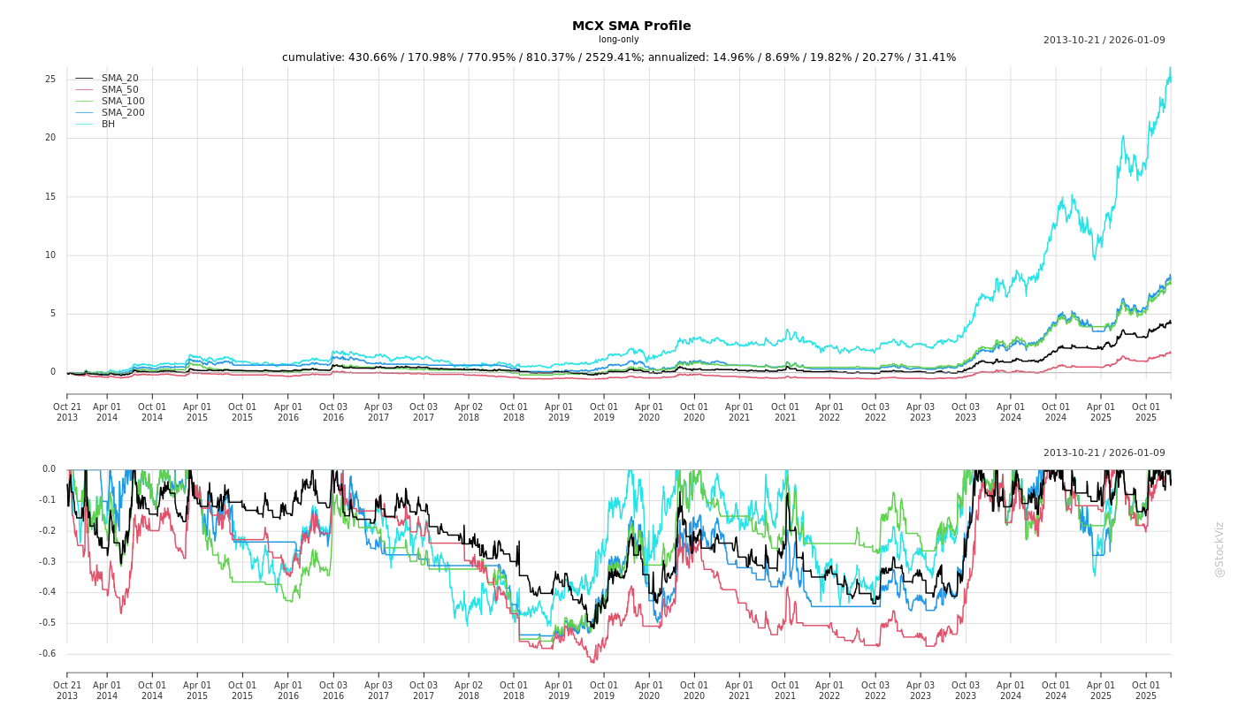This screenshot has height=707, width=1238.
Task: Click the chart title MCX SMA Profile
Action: tap(631, 26)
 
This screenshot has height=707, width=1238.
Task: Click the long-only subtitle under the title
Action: tap(618, 40)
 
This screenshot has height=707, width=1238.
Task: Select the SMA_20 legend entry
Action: tap(119, 79)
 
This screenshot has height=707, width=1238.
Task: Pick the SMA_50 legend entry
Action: tap(119, 90)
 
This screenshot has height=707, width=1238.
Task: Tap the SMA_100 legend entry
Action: tap(122, 102)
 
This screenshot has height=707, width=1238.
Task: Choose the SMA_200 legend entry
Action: tap(122, 113)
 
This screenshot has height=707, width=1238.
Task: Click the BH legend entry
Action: tap(108, 125)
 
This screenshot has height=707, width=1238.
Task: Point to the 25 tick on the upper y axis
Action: tap(50, 80)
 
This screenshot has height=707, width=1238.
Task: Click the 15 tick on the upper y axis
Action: tap(50, 197)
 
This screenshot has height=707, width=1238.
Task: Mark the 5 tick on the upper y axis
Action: tap(53, 314)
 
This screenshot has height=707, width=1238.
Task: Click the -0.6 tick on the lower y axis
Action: tap(48, 654)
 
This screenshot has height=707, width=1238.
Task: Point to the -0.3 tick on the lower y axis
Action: tap(48, 562)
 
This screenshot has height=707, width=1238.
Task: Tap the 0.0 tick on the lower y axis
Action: tap(49, 469)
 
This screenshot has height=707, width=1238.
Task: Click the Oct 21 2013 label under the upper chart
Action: tap(67, 412)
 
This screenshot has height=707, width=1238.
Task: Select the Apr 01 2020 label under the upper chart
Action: tap(649, 412)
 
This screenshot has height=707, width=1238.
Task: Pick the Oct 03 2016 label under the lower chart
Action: tap(333, 690)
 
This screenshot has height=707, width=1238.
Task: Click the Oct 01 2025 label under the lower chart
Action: tap(1146, 690)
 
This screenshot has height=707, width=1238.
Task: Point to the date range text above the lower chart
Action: tap(1104, 453)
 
